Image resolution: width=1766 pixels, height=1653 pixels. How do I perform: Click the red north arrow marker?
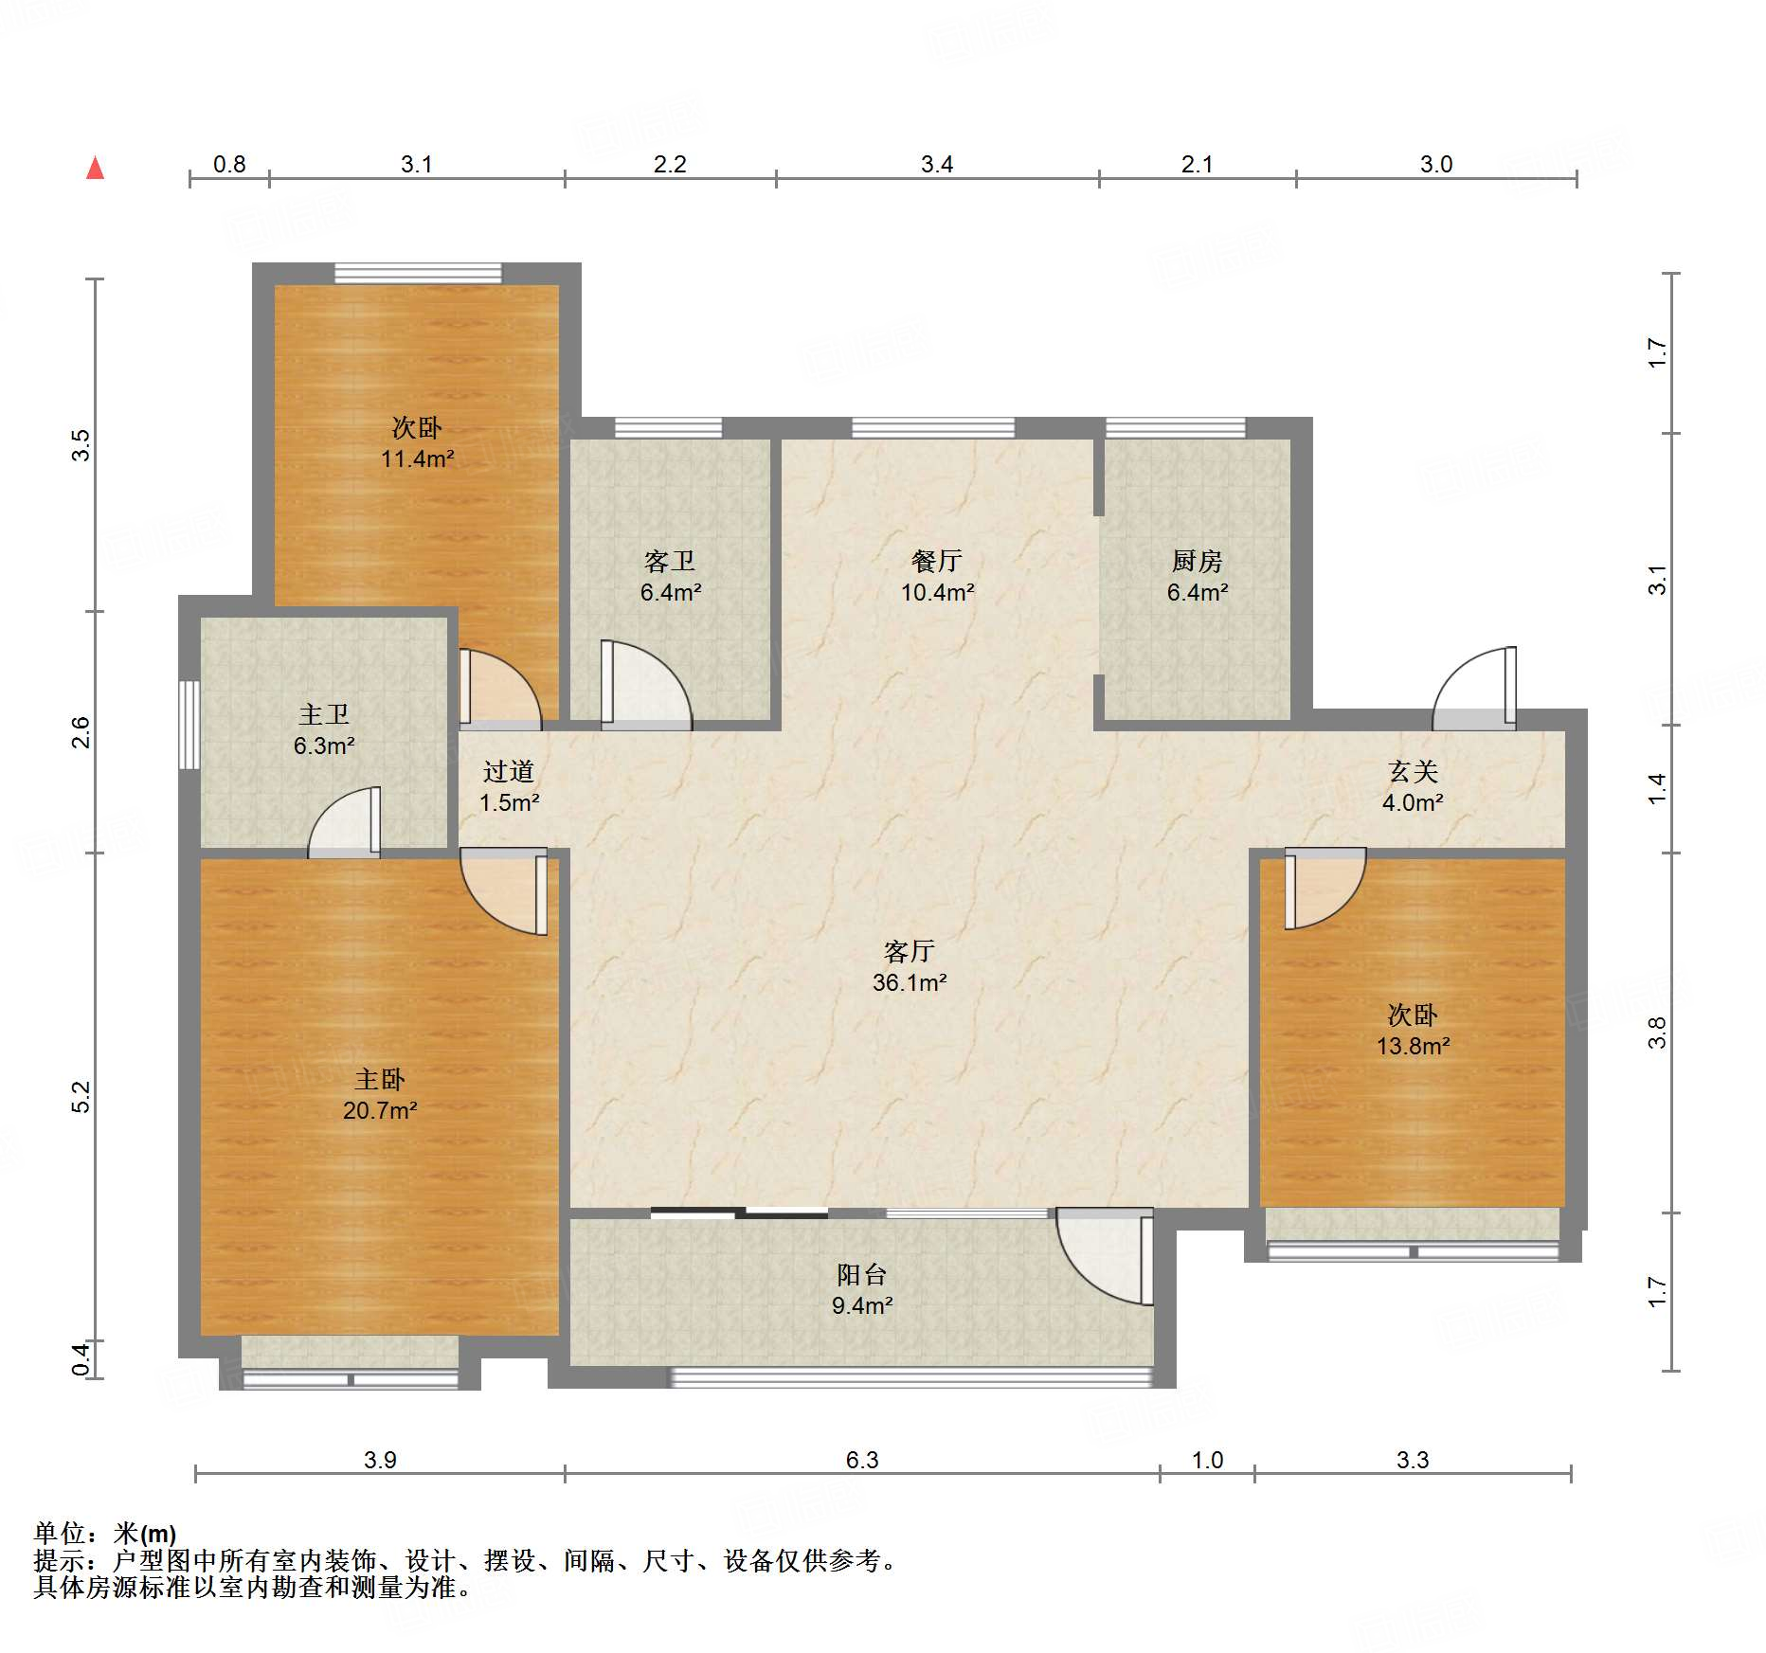[95, 168]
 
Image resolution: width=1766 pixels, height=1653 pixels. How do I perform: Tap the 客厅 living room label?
[910, 951]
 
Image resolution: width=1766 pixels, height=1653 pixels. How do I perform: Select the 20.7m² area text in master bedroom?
[380, 1110]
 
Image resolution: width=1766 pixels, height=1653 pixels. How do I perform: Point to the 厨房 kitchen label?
[1198, 562]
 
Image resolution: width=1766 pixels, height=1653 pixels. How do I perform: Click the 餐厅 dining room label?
[937, 562]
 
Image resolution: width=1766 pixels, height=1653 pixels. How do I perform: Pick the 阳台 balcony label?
[862, 1275]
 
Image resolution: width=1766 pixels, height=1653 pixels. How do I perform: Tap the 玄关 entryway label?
[1414, 772]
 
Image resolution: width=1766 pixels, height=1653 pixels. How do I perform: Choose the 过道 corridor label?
[509, 772]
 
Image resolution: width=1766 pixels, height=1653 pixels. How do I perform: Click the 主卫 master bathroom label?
[324, 714]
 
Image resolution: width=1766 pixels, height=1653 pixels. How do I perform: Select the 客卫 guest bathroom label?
[670, 562]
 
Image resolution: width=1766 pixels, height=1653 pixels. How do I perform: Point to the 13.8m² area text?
[1414, 1047]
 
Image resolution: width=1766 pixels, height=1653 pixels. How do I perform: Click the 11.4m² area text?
[418, 459]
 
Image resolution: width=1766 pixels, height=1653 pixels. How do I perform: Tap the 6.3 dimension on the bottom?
[862, 1460]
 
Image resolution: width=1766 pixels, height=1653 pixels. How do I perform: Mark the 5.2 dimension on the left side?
[81, 1097]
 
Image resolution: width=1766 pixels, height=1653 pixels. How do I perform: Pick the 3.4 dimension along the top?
[937, 164]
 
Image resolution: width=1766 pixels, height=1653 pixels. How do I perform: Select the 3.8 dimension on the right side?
[1656, 1033]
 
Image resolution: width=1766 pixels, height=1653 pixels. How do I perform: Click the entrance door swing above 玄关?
[1474, 689]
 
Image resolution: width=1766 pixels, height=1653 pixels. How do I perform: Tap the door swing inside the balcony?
[1105, 1256]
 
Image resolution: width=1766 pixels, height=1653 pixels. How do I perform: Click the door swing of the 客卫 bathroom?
[646, 685]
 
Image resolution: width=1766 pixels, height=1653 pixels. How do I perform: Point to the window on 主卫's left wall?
[189, 725]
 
